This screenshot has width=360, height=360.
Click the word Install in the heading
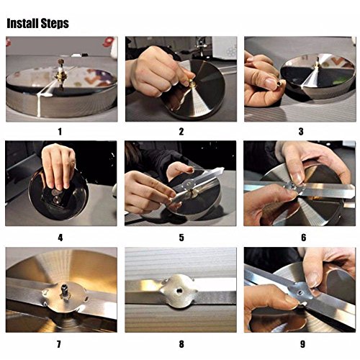[x=22, y=23]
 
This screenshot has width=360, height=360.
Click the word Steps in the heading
[x=55, y=24]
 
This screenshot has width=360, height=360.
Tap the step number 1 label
[x=60, y=132]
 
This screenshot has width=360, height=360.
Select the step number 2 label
[x=181, y=132]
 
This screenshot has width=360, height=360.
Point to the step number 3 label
[x=301, y=132]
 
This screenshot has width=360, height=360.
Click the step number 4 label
[x=60, y=238]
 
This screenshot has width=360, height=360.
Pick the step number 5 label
[x=181, y=238]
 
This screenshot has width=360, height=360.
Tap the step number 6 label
[x=304, y=238]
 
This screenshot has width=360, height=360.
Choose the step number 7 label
[x=59, y=344]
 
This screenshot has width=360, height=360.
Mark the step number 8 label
[x=181, y=344]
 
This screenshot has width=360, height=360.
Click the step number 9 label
[x=303, y=344]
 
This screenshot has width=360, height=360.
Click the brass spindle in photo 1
[x=60, y=72]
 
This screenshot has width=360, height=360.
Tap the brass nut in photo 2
[x=192, y=84]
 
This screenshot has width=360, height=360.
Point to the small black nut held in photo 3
[x=279, y=84]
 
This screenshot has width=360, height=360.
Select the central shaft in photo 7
[x=65, y=289]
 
